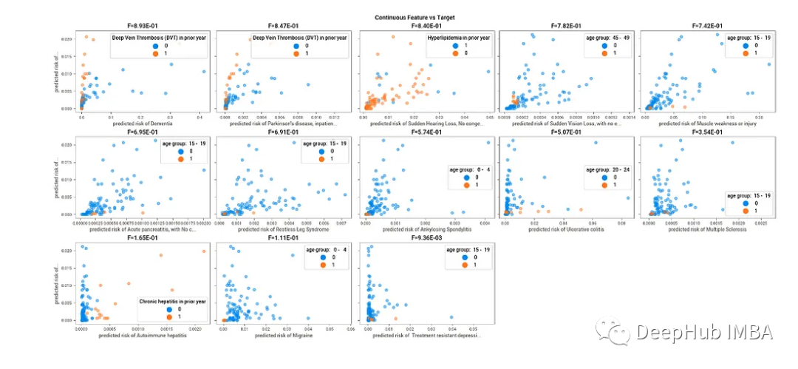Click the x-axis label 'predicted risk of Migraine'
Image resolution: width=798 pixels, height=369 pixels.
tap(282, 335)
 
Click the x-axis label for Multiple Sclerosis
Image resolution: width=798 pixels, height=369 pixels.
tap(707, 229)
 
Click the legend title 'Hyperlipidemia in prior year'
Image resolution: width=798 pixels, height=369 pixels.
tap(459, 37)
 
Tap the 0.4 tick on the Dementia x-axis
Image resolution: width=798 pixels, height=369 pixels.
tap(199, 117)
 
